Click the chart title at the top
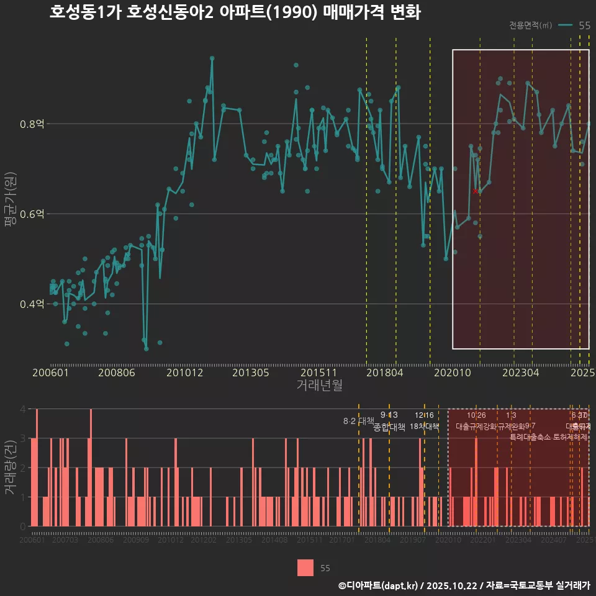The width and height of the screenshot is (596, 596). pos(235,12)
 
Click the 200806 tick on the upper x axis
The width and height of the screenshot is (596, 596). pos(116,373)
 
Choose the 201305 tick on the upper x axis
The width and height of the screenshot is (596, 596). pos(250,373)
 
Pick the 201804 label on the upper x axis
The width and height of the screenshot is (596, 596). pos(384,373)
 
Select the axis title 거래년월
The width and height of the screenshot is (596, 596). pos(319,386)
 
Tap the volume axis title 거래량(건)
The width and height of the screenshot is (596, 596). pos(9,467)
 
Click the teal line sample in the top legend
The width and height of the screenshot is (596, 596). pos(565,25)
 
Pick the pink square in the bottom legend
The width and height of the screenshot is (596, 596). pos(305,567)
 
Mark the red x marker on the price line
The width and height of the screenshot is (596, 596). pos(476,191)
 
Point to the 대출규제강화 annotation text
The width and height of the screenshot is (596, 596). pos(476,427)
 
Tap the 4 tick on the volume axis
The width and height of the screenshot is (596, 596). pos(23,409)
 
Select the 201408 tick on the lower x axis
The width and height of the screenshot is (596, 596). pos(274,540)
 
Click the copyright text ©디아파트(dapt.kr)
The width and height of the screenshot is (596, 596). pos(379,585)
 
